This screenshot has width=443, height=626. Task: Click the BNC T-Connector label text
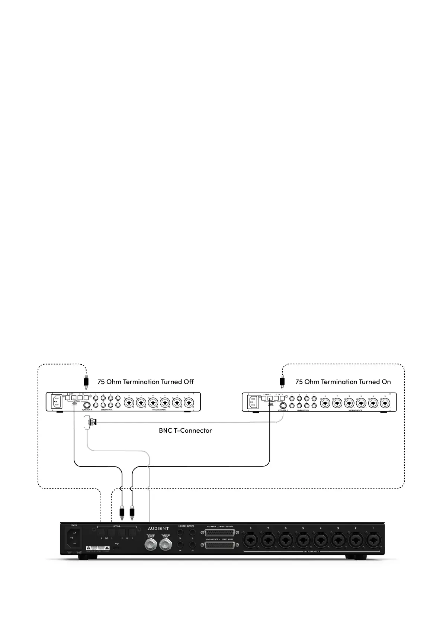[185, 430]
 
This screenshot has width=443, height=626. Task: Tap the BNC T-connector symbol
[89, 533]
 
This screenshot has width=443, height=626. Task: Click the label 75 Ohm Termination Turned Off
[145, 382]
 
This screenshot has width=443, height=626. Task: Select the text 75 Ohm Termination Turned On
[343, 382]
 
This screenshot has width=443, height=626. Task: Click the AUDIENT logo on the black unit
[158, 528]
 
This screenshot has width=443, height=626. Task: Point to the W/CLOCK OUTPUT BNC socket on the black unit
[151, 545]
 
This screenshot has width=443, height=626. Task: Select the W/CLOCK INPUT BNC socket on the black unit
[166, 545]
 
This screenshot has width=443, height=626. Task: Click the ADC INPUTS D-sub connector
[219, 533]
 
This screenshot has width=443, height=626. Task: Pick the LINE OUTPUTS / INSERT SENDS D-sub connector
[219, 545]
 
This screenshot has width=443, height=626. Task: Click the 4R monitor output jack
[180, 545]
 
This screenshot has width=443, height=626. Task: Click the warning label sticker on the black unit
[97, 548]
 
